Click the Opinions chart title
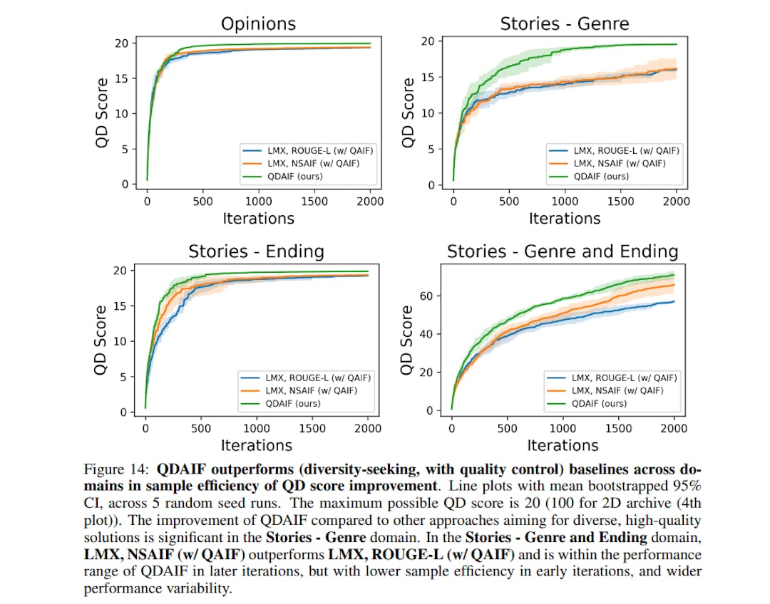(x=258, y=24)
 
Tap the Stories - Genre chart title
(x=565, y=24)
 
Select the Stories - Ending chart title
(x=256, y=251)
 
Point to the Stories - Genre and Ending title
(x=563, y=251)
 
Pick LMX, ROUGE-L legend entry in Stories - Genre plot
(x=614, y=150)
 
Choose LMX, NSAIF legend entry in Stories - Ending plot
(x=305, y=390)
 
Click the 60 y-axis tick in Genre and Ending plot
(x=427, y=296)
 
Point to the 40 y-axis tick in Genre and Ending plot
(x=427, y=334)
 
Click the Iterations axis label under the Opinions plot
(x=258, y=217)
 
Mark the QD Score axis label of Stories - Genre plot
(x=408, y=113)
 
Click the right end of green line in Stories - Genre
(x=676, y=44)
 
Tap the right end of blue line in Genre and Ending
(x=674, y=301)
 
